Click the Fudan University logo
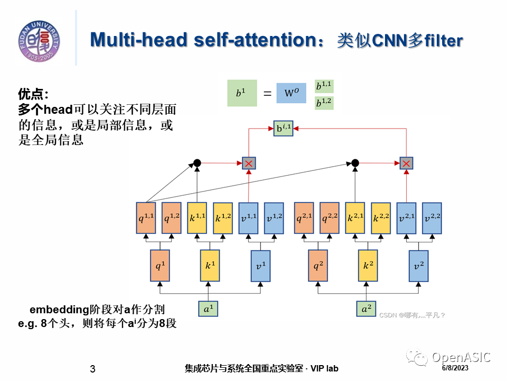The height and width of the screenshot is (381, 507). [x=40, y=40]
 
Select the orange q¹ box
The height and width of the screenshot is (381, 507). [x=159, y=266]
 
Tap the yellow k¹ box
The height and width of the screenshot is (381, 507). [x=210, y=266]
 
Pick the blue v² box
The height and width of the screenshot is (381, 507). [x=419, y=266]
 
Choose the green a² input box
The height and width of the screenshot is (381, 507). [x=365, y=309]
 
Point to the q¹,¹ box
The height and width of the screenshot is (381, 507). [x=146, y=218]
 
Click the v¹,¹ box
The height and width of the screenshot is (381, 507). [x=249, y=218]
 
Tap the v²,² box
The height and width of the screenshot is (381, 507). [x=432, y=218]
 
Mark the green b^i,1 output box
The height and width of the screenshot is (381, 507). [x=283, y=128]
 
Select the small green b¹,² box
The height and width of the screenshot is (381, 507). [x=324, y=103]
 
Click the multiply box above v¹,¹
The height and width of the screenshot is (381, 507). [x=249, y=163]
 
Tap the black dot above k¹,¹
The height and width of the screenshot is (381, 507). [x=197, y=163]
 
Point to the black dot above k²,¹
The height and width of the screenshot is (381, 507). [x=355, y=163]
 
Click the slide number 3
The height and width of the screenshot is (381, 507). [x=93, y=369]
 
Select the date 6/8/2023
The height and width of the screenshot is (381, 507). [x=455, y=368]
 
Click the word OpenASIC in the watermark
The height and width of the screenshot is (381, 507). [x=461, y=357]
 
